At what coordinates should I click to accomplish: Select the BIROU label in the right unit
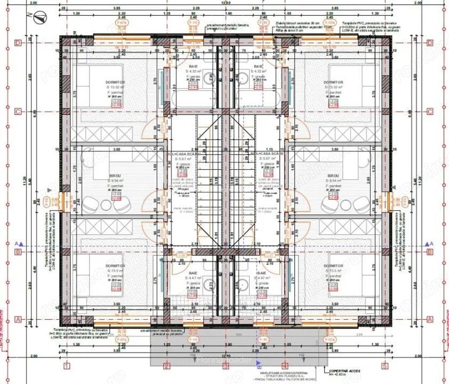(x=333, y=176)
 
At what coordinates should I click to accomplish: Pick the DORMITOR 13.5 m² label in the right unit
(x=333, y=266)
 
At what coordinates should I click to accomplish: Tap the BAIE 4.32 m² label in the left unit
(x=193, y=67)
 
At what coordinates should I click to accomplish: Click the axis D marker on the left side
(x=18, y=43)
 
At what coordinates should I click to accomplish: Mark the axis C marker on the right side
(x=430, y=111)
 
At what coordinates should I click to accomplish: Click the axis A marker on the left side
(x=18, y=319)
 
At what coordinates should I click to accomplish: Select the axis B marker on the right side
(x=430, y=251)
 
